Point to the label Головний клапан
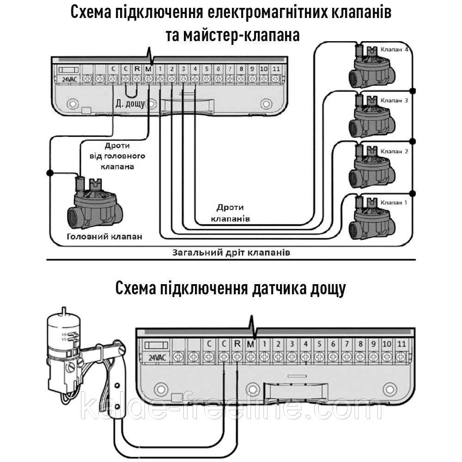pyautogui.click(x=104, y=237)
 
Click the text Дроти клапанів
pyautogui.click(x=230, y=213)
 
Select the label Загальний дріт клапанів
pyautogui.click(x=231, y=253)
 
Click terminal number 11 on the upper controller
pyautogui.click(x=275, y=69)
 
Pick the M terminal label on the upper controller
pyautogui.click(x=148, y=69)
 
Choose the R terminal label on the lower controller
pyautogui.click(x=237, y=344)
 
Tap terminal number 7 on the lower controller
pyautogui.click(x=347, y=344)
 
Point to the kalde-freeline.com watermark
pyautogui.click(x=231, y=408)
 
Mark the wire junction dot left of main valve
pyautogui.click(x=50, y=172)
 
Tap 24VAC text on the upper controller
pyautogui.click(x=67, y=79)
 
